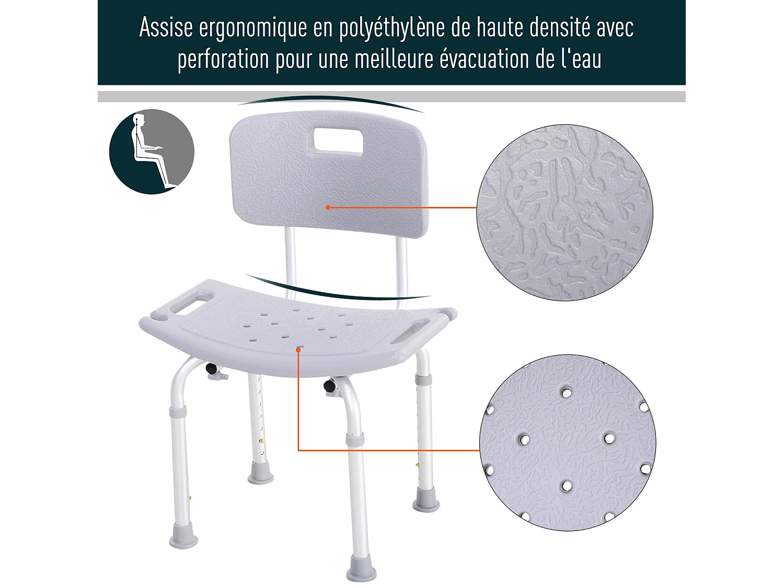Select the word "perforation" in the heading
click(x=223, y=59)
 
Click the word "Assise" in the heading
click(x=166, y=28)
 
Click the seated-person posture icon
click(x=152, y=152)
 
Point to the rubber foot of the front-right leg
click(x=361, y=571)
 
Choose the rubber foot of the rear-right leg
click(x=425, y=503)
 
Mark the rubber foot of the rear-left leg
click(x=260, y=477)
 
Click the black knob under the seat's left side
click(x=212, y=368)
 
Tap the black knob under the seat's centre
click(x=330, y=386)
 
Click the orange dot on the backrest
click(x=328, y=207)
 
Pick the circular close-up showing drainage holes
click(x=568, y=443)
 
